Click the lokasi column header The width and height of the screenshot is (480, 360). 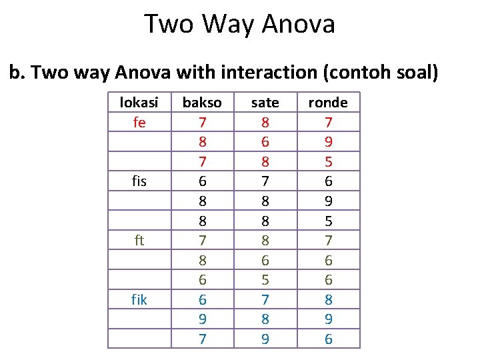(x=139, y=103)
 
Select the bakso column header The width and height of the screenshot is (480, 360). (x=202, y=103)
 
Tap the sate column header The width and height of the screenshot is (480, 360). (x=265, y=103)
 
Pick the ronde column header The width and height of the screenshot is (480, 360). (x=327, y=103)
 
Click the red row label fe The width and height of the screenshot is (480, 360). (x=139, y=123)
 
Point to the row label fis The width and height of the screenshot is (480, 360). (x=139, y=181)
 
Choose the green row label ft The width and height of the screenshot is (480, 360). (x=139, y=241)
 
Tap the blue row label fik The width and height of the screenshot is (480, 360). (x=139, y=300)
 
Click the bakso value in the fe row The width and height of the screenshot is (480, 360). (x=203, y=123)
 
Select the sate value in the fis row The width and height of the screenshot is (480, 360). (x=265, y=181)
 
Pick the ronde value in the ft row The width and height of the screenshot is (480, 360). (x=328, y=241)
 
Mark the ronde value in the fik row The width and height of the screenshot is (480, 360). (x=328, y=300)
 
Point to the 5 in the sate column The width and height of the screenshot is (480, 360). (x=265, y=280)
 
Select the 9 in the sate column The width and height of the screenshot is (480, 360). (x=265, y=339)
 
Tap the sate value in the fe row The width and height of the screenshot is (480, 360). (x=265, y=123)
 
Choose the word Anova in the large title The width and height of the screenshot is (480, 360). (x=298, y=25)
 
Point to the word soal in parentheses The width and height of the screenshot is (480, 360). (x=415, y=72)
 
